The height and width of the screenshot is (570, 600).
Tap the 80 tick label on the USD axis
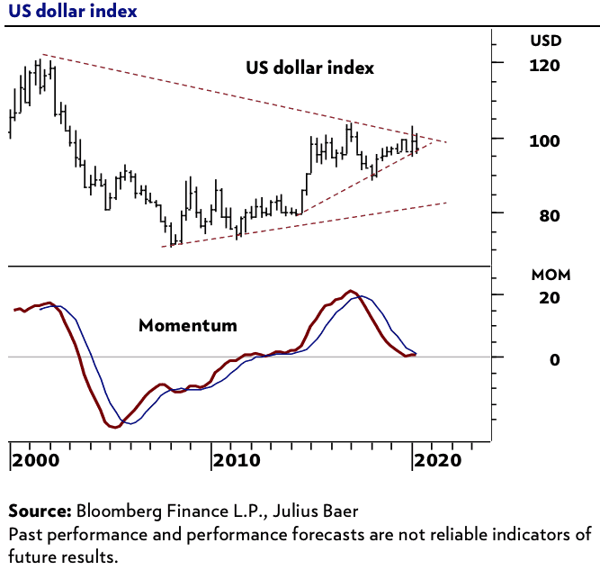(542, 216)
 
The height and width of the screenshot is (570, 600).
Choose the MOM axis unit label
(550, 274)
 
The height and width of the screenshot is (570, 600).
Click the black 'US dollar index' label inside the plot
(309, 68)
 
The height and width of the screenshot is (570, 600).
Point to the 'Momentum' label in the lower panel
(188, 325)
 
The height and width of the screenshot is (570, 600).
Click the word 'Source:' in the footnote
(40, 512)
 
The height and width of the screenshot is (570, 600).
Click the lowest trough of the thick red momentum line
(114, 428)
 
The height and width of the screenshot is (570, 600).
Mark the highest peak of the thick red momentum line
(352, 291)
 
